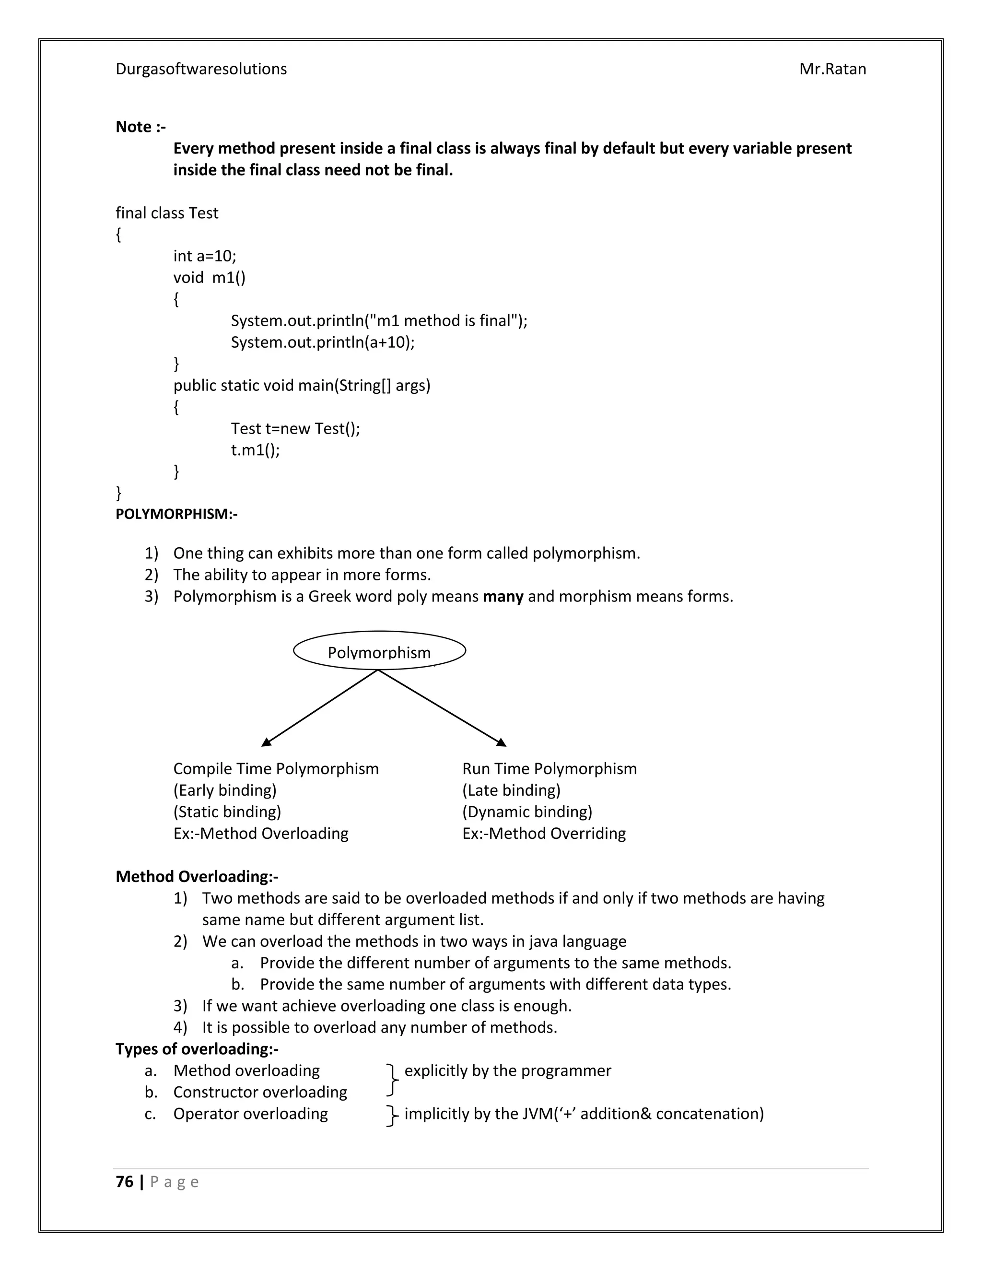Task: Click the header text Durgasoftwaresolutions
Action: (x=201, y=69)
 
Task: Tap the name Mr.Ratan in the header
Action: (x=832, y=69)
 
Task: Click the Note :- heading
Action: (x=140, y=127)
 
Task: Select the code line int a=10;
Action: (x=205, y=256)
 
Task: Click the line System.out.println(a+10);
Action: (x=322, y=342)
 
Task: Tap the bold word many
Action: (x=503, y=597)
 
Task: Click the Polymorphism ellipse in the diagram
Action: (x=379, y=651)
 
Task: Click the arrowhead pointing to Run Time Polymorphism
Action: (x=502, y=742)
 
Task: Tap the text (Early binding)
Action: (x=224, y=790)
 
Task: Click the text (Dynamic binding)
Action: (x=527, y=812)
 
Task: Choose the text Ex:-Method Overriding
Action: (x=544, y=834)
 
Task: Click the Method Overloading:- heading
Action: (x=197, y=876)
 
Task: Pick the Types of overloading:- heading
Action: (x=197, y=1048)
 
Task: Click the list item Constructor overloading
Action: (x=260, y=1092)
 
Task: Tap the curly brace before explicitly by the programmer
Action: (x=393, y=1081)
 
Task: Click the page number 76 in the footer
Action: (x=125, y=1182)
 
